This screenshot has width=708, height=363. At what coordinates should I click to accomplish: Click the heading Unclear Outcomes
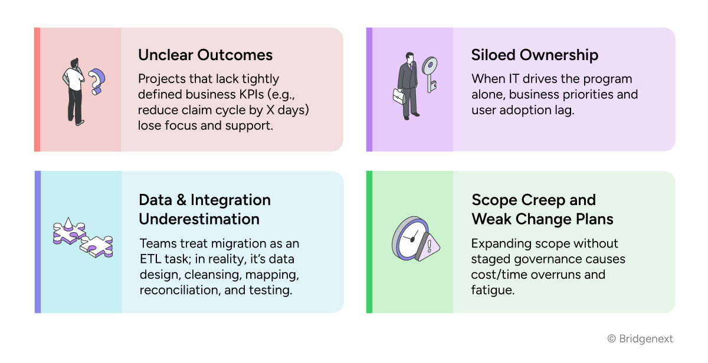click(205, 55)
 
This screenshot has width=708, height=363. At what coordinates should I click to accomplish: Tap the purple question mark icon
click(96, 81)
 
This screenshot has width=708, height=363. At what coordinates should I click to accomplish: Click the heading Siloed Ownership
click(535, 55)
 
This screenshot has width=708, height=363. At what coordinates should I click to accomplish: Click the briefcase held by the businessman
click(400, 95)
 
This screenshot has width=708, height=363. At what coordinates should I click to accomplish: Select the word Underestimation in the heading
click(199, 219)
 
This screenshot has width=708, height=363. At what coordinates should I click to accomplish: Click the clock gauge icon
click(409, 239)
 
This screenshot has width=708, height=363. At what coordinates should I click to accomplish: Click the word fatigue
click(493, 291)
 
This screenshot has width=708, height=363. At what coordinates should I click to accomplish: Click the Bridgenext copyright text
click(640, 339)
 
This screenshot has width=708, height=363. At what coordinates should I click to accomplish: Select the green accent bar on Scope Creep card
click(369, 242)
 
